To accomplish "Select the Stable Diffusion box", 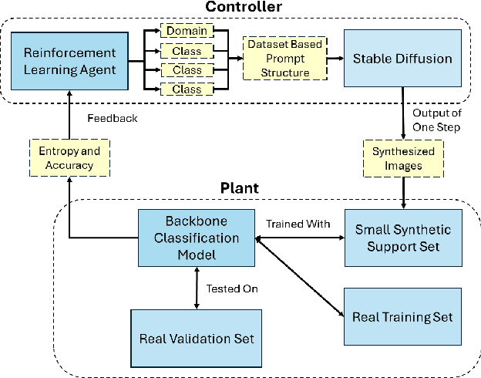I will pos(402,58).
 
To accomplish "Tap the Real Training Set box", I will pos(402,316).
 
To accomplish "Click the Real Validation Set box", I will pos(196,339).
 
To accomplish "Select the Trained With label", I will pos(298,224).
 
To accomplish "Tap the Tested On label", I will pos(232,289).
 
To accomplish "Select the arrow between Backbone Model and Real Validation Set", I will pos(198,287).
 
